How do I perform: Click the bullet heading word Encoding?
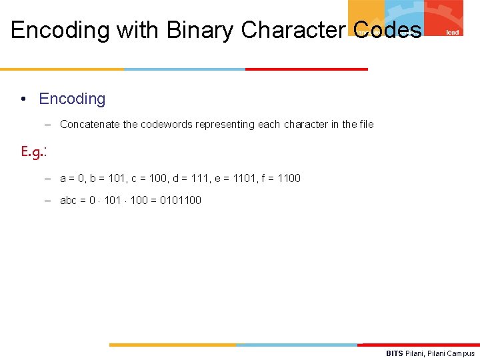coord(72,99)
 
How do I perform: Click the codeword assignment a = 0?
coord(73,179)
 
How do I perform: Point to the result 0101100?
coord(181,201)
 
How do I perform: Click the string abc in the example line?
coord(69,201)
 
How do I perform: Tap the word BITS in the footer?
coord(395,353)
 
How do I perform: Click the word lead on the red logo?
coord(452,32)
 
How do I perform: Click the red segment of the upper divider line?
coord(306,69)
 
